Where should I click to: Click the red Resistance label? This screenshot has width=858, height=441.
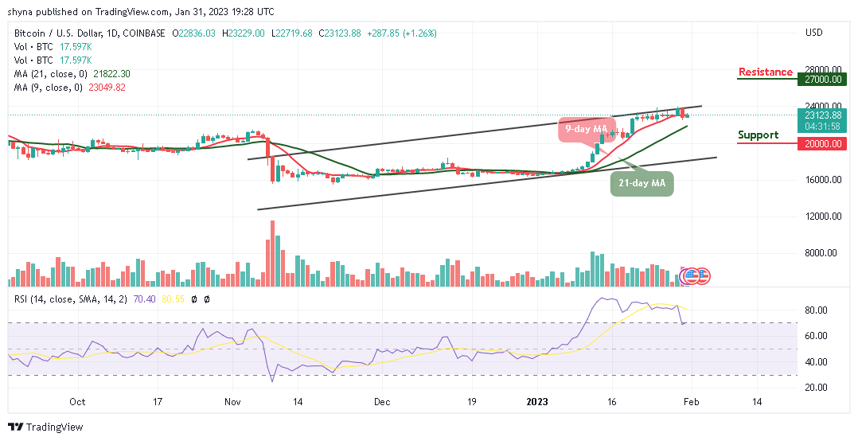(x=765, y=72)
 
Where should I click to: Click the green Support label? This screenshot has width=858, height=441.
(x=758, y=135)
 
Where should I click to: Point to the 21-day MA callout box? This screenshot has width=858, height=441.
(x=642, y=185)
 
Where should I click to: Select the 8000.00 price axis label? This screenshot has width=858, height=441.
(x=821, y=253)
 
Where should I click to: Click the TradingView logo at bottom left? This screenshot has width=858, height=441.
(x=45, y=427)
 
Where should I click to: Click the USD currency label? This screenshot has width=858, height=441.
(x=813, y=33)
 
